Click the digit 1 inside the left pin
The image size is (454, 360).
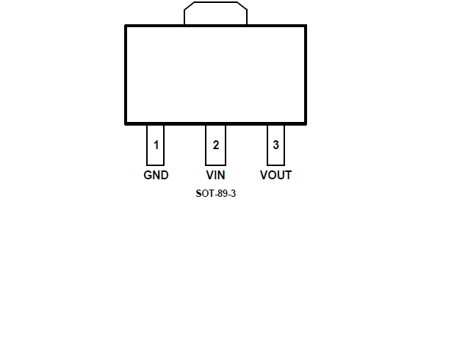pyautogui.click(x=156, y=145)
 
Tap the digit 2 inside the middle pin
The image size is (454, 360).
pyautogui.click(x=215, y=145)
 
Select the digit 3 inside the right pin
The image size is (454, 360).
pyautogui.click(x=275, y=145)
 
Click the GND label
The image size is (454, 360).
pyautogui.click(x=156, y=175)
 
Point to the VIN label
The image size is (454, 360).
pyautogui.click(x=215, y=175)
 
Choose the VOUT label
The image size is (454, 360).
pyautogui.click(x=275, y=175)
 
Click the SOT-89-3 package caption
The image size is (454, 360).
pyautogui.click(x=215, y=194)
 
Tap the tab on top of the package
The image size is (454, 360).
pyautogui.click(x=215, y=14)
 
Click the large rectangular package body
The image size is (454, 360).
pyautogui.click(x=215, y=74)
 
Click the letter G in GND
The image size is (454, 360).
pyautogui.click(x=148, y=175)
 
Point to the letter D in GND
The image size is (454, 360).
pyautogui.click(x=165, y=175)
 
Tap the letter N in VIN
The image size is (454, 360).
pyautogui.click(x=221, y=175)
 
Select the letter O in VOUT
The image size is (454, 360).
pyautogui.click(x=271, y=175)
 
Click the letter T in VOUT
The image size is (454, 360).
pyautogui.click(x=288, y=175)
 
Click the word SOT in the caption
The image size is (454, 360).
pyautogui.click(x=203, y=194)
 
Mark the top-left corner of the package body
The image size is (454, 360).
pyautogui.click(x=126, y=26)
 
